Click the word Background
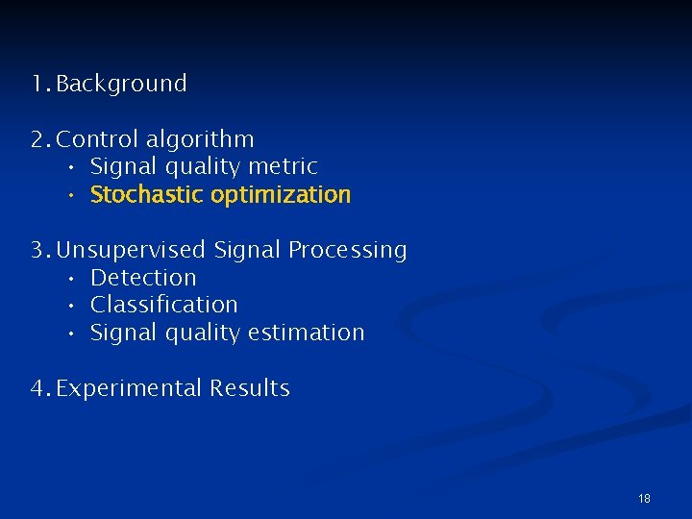click(121, 84)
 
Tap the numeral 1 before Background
click(36, 84)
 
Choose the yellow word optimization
click(281, 195)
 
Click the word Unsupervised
click(131, 250)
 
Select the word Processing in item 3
click(348, 250)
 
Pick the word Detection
click(143, 278)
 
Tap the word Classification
click(163, 305)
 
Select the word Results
click(250, 388)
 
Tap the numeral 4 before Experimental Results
click(37, 388)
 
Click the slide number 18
click(644, 498)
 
